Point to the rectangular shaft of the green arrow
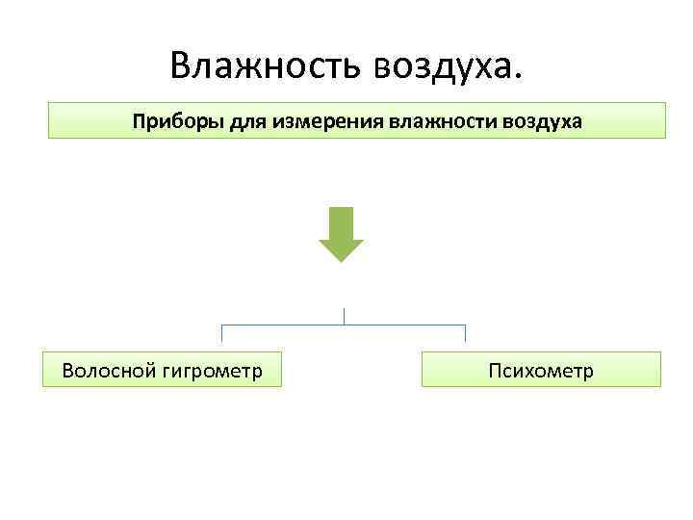click(342, 222)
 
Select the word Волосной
click(107, 370)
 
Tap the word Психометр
click(541, 371)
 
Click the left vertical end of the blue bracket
click(222, 333)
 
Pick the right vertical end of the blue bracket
click(465, 333)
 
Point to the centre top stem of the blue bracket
click(344, 316)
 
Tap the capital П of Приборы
click(139, 122)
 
